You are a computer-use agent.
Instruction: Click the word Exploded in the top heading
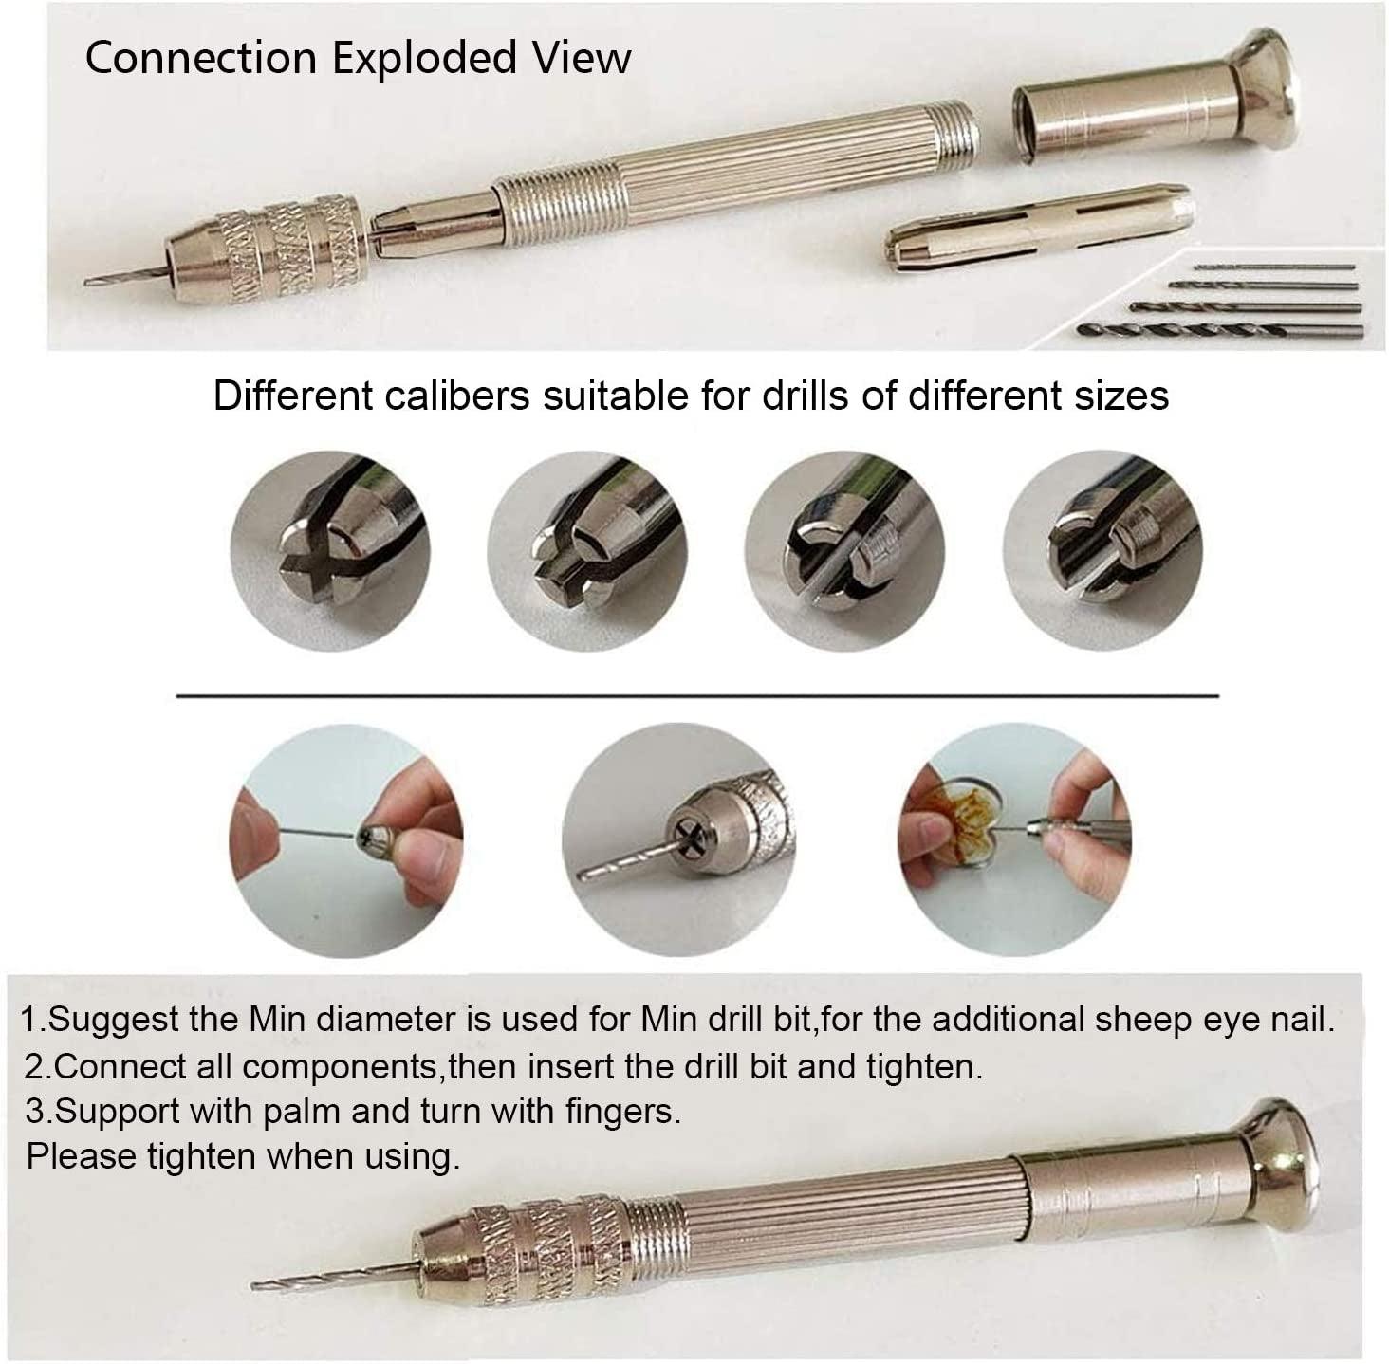pyautogui.click(x=425, y=59)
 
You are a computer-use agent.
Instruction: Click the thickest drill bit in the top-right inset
pyautogui.click(x=1219, y=331)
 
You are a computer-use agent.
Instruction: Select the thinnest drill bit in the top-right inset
pyautogui.click(x=1274, y=267)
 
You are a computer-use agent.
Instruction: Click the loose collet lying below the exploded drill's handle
pyautogui.click(x=1038, y=230)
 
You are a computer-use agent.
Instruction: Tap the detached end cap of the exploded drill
pyautogui.click(x=1154, y=98)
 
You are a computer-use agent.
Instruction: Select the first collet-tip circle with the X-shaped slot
pyautogui.click(x=330, y=551)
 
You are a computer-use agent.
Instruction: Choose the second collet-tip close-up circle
pyautogui.click(x=587, y=551)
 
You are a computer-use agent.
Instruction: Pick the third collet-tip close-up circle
pyautogui.click(x=844, y=551)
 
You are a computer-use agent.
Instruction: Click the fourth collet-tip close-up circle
pyautogui.click(x=1102, y=551)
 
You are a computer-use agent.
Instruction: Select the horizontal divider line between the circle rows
pyautogui.click(x=697, y=696)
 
